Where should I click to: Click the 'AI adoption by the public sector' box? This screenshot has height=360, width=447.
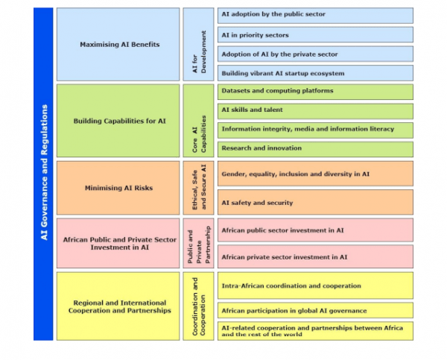coord(315,15)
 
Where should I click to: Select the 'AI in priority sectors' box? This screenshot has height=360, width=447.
coord(315,34)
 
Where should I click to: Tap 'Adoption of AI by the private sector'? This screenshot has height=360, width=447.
coord(315,54)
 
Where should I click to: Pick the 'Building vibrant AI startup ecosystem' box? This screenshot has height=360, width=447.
coord(315,73)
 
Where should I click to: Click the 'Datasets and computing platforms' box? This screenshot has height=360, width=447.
coord(315,91)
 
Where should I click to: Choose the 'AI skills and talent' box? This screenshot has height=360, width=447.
coord(315,110)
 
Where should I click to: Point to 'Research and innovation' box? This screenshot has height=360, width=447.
coord(315,148)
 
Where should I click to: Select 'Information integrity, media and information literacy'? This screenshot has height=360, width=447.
coord(315,129)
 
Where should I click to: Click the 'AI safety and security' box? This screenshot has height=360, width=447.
coord(315,202)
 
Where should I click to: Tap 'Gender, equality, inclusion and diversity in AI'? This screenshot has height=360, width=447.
coord(315,174)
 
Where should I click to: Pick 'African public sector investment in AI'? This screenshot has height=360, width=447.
coord(315,230)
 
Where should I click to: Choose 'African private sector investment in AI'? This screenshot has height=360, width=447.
coord(315,256)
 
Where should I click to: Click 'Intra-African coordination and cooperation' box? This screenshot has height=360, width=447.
coord(315,285)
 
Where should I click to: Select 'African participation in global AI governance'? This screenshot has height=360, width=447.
coord(315,310)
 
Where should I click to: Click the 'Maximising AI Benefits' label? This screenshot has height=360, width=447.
coord(119,45)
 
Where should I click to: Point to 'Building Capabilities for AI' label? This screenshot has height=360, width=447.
coord(119,120)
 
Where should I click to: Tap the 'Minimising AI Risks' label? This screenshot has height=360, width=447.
coord(119,188)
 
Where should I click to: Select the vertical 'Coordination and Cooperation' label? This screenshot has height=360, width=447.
coord(198,306)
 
